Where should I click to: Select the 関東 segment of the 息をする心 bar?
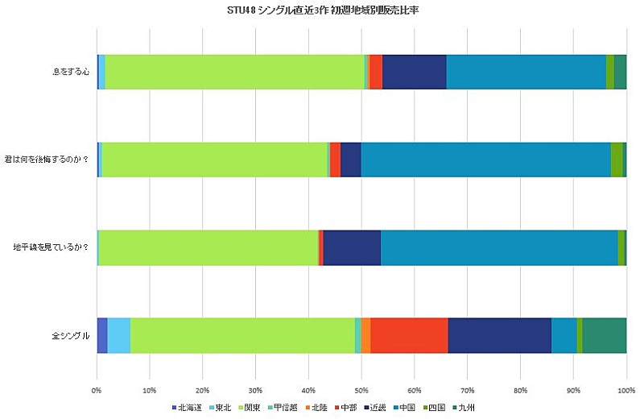[234, 71]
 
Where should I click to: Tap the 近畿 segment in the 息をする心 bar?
[414, 71]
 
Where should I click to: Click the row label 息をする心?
[71, 72]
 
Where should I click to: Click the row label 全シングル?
[71, 335]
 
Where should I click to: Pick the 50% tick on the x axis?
[361, 391]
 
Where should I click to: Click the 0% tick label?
[97, 391]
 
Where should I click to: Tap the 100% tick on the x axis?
[625, 391]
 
